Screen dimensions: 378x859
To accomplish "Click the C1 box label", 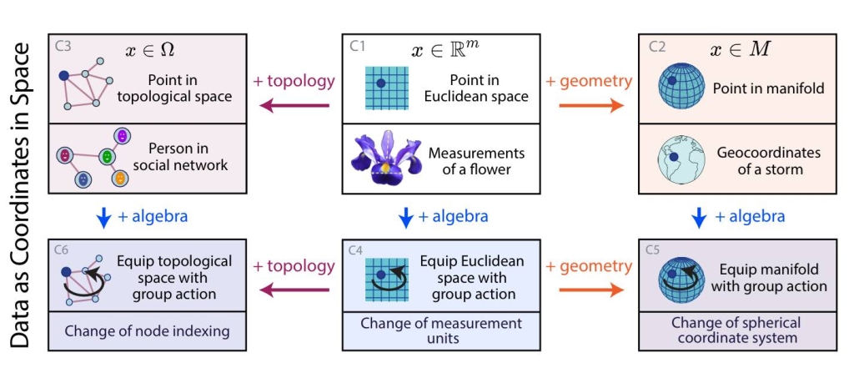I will tap(358, 47).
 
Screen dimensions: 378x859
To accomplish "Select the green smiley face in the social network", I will tap(106, 156).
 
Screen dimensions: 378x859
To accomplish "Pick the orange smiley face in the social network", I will tap(119, 178).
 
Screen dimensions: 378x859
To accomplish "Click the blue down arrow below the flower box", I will tap(407, 218).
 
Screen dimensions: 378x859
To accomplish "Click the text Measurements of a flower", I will tap(476, 161).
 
